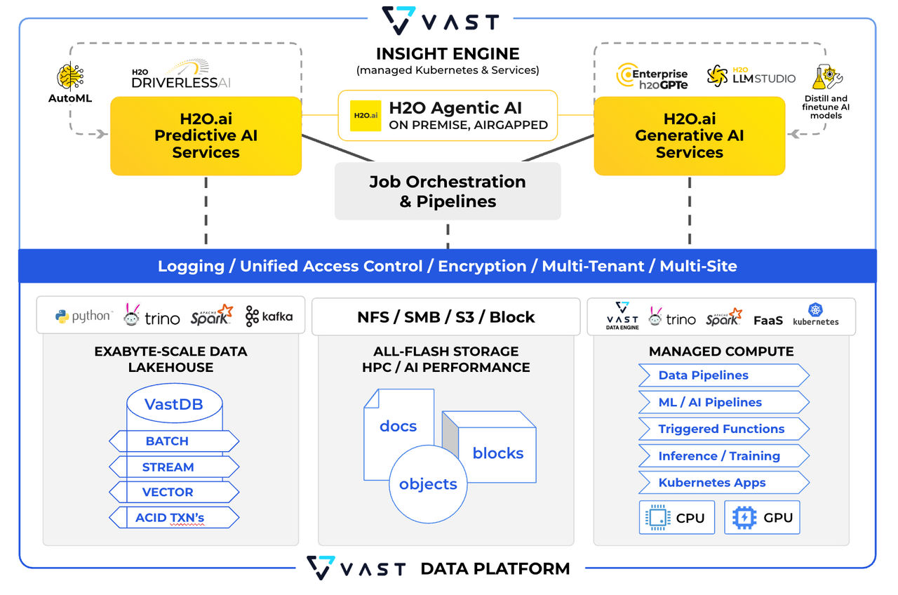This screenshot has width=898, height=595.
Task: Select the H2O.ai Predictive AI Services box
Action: point(206,135)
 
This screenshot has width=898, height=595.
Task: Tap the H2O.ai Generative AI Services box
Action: point(689,135)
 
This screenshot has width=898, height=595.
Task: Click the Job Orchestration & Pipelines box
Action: point(448,192)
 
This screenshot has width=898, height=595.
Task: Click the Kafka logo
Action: point(269,316)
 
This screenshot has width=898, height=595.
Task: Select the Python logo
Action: point(83,316)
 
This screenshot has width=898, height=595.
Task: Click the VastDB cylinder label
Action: point(173,405)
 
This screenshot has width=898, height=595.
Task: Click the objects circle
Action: point(428,484)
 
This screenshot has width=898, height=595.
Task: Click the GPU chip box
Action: point(761,518)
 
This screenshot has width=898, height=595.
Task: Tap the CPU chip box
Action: point(676,518)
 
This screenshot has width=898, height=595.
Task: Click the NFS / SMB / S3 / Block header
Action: point(445,317)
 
